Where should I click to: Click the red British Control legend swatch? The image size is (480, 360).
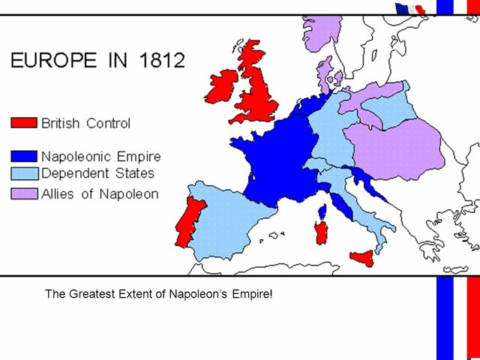pos(23,122)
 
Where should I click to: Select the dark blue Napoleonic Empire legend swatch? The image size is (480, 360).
pos(23,157)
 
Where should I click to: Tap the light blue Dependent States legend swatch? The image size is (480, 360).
pos(23,174)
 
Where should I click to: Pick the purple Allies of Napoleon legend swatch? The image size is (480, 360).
pos(23,194)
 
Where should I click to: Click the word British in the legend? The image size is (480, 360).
pos(61,123)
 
